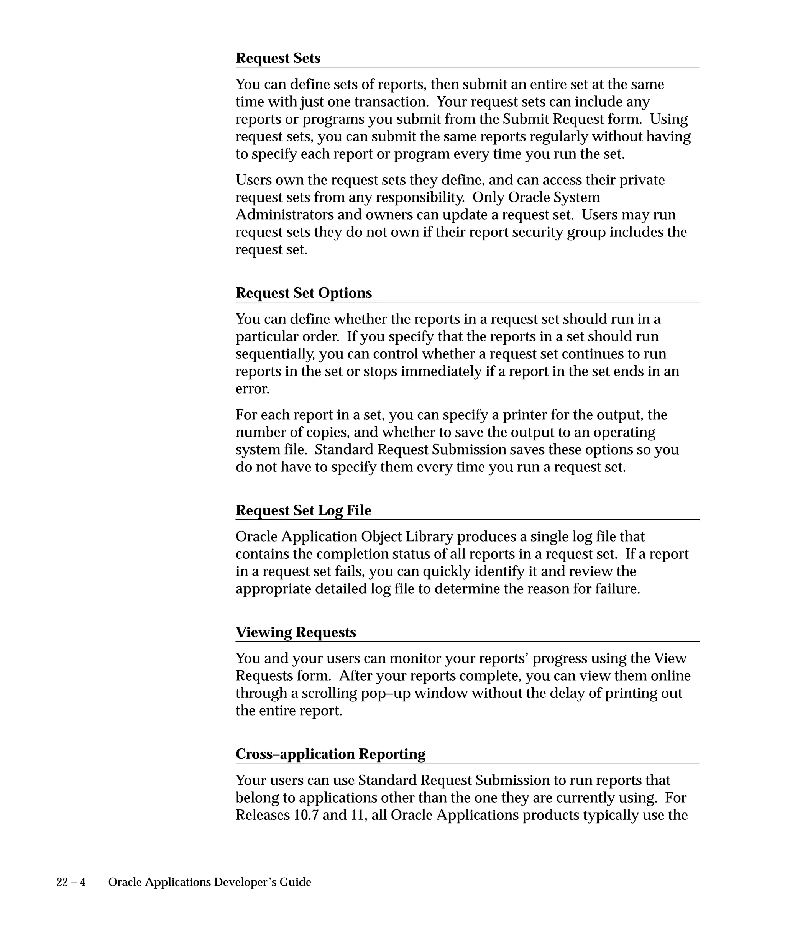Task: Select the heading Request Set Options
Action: (x=304, y=293)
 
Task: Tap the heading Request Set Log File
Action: (x=303, y=510)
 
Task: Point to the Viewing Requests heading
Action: (x=296, y=632)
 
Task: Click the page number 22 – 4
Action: (x=71, y=882)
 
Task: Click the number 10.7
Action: (x=306, y=815)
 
